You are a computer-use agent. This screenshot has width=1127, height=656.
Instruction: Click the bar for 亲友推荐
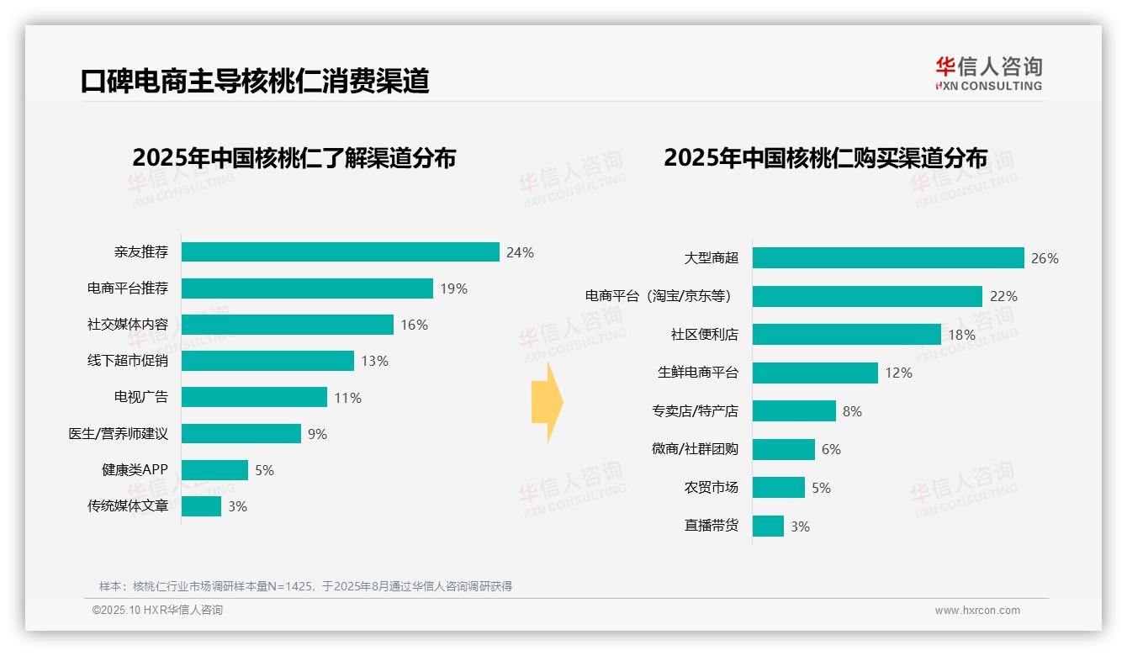[x=341, y=252]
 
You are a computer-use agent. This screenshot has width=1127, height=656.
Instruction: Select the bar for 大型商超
[x=888, y=258]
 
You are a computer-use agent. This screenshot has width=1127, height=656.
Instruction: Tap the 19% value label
[x=453, y=288]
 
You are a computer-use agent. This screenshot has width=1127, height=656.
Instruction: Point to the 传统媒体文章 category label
[x=128, y=506]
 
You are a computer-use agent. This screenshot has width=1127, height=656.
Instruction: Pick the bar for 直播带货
[x=768, y=526]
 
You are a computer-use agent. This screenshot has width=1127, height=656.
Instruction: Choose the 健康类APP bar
[x=214, y=470]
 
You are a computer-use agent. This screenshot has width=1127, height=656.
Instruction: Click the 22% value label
[x=1003, y=296]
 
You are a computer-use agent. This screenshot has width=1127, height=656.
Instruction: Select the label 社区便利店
[x=704, y=335]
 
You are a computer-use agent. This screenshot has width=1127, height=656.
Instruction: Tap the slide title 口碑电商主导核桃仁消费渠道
[x=255, y=81]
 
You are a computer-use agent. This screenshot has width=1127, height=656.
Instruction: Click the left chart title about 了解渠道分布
[x=294, y=157]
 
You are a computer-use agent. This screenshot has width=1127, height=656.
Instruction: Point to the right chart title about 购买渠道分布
[x=825, y=157]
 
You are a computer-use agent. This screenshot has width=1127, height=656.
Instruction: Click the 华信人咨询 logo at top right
[x=988, y=73]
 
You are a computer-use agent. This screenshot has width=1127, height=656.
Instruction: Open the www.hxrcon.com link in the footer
[x=977, y=611]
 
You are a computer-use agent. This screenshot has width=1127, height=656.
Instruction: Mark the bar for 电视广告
[x=254, y=397]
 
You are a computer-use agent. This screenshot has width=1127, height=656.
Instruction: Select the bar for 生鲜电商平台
[x=815, y=373]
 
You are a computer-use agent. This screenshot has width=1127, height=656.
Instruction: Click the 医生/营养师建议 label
[x=119, y=434]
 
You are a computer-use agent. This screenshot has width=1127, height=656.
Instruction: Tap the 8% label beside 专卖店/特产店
[x=852, y=411]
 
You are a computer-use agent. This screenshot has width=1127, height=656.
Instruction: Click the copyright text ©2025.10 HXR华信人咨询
[x=157, y=611]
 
